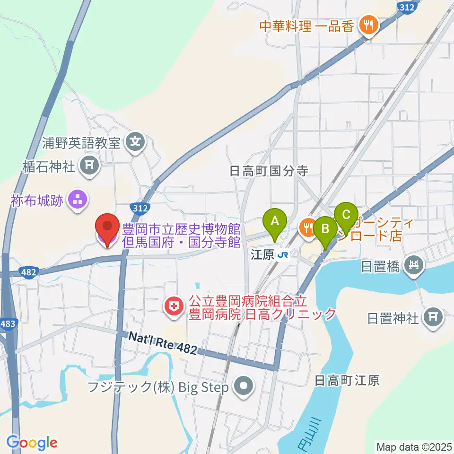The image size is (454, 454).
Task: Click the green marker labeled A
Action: click(274, 221)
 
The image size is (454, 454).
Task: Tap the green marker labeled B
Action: click(325, 228)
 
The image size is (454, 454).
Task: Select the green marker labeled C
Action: click(346, 215)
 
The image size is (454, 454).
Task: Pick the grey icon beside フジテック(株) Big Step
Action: click(244, 387)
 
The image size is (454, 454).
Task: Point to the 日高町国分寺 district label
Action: click(269, 171)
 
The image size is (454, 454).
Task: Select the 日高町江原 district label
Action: click(347, 380)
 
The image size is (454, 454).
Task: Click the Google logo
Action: click(32, 443)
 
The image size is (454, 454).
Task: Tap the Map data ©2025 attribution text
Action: click(413, 446)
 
